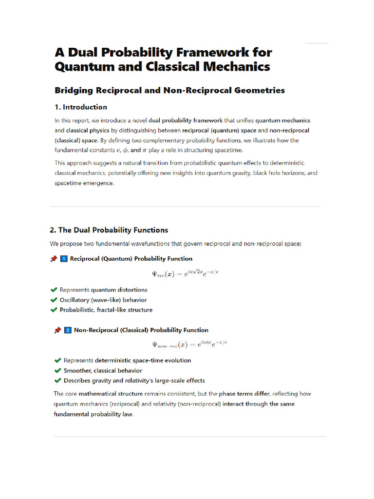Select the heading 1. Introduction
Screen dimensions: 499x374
pyautogui.click(x=81, y=107)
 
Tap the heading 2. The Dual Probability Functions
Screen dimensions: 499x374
pyautogui.click(x=109, y=230)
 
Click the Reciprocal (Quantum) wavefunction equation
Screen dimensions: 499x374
pyautogui.click(x=185, y=273)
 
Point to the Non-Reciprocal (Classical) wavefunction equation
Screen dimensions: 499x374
pyautogui.click(x=189, y=345)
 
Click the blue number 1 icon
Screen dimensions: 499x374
pyautogui.click(x=63, y=259)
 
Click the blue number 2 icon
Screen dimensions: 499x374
pyautogui.click(x=68, y=330)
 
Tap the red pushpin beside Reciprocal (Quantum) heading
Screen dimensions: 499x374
pyautogui.click(x=54, y=259)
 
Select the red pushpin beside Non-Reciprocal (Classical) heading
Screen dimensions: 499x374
pyautogui.click(x=57, y=330)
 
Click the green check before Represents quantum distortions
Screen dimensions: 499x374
pyautogui.click(x=54, y=290)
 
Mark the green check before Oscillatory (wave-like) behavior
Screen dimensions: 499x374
pyautogui.click(x=54, y=300)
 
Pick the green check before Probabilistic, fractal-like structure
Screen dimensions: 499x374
pyautogui.click(x=54, y=310)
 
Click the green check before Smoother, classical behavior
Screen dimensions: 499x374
pyautogui.click(x=57, y=371)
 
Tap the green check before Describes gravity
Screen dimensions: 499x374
pyautogui.click(x=57, y=381)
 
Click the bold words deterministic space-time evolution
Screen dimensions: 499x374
pyautogui.click(x=143, y=361)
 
